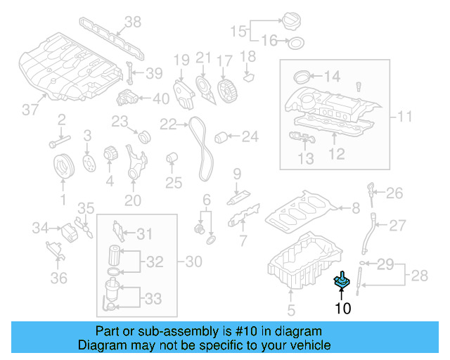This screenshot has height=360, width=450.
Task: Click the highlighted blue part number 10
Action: pos(342,281)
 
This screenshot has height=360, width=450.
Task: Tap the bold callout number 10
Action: pos(342,308)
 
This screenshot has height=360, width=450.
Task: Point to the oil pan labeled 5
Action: pos(302,264)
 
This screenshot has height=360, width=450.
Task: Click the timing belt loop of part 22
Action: pos(201,148)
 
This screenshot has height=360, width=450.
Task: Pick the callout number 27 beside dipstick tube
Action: pos(398,226)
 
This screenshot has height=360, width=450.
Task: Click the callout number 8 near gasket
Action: pos(356,207)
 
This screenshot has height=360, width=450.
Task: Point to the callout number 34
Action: pos(40,227)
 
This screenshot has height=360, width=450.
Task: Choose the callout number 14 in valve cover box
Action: pos(331,76)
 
